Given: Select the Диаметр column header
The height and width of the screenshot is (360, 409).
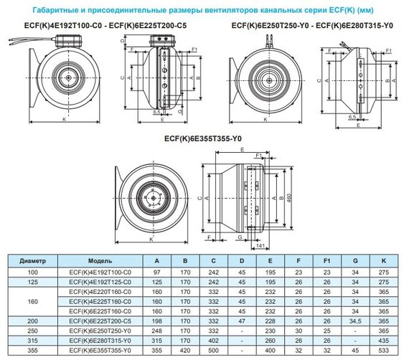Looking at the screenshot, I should point(32,261).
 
